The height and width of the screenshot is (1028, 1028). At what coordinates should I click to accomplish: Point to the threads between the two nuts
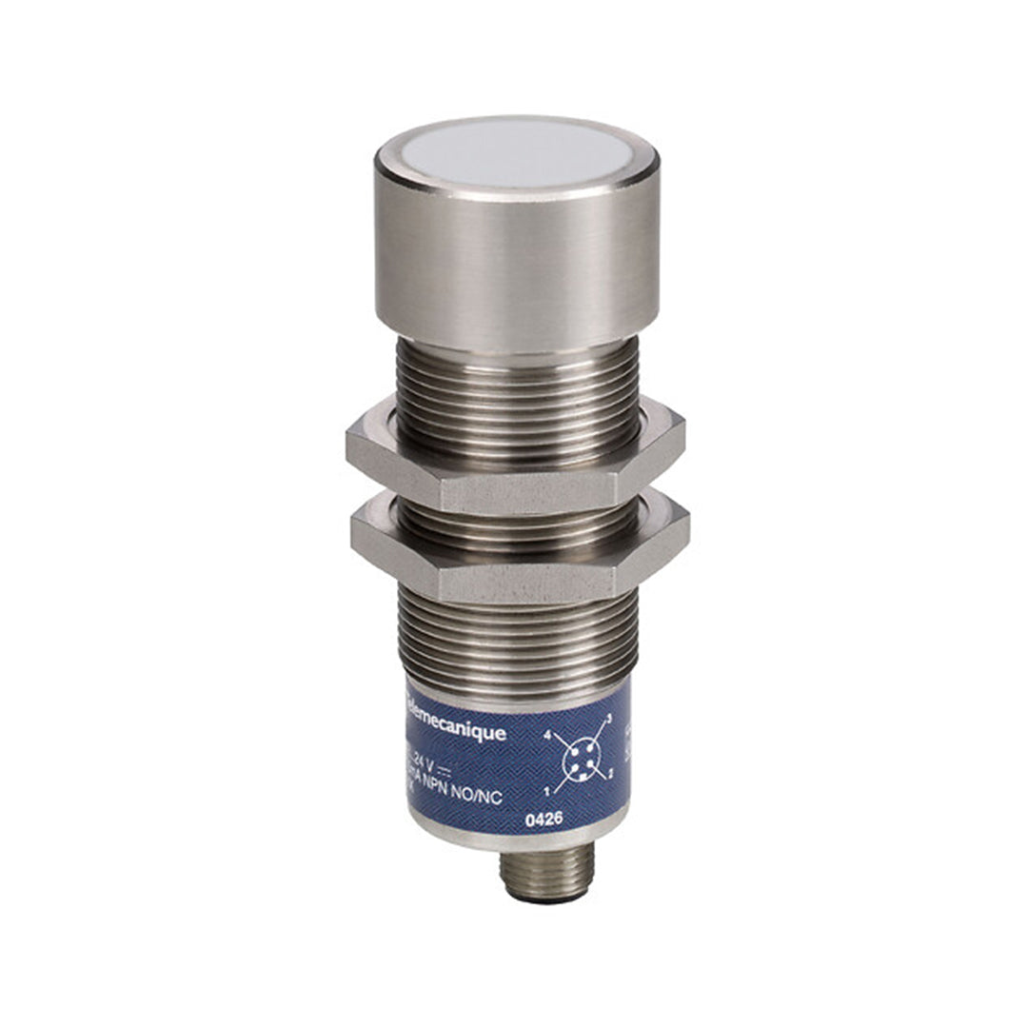click(x=518, y=514)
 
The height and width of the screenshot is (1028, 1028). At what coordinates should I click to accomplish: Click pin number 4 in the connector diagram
click(x=547, y=736)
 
